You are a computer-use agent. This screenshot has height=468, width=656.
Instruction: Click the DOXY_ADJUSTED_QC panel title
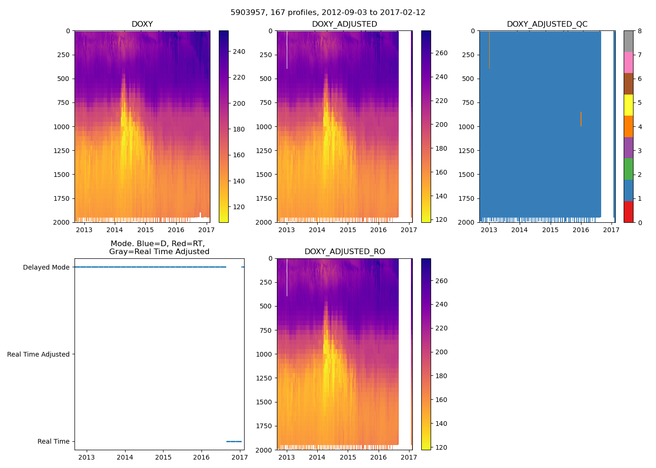coord(547,24)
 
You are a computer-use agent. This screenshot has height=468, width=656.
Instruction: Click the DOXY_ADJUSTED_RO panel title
coord(344,251)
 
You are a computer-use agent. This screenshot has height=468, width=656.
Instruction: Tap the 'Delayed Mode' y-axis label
coord(46,267)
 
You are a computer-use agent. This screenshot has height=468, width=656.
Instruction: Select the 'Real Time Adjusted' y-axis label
coord(38,354)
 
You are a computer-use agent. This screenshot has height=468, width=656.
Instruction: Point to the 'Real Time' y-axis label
coord(53,441)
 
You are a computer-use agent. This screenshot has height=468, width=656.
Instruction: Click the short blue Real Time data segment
coord(234,441)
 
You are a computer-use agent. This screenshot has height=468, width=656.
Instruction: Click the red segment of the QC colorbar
coord(628,212)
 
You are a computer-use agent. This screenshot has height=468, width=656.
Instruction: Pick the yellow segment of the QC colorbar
coord(628,105)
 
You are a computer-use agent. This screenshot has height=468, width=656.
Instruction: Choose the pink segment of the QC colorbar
coord(628,62)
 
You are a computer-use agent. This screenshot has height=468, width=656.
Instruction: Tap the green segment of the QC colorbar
coord(628,169)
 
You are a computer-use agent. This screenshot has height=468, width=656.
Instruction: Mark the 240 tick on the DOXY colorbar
coord(239,52)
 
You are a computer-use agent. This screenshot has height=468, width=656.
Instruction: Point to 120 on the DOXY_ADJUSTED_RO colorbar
coord(441,447)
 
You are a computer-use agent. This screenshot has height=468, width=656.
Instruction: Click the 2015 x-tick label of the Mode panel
coord(163,457)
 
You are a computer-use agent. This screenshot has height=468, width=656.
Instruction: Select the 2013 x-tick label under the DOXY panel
coord(84,230)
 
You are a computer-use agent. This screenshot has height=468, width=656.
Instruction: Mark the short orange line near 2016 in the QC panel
coord(581,119)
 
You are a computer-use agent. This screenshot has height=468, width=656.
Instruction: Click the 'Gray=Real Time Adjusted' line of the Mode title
coord(159,251)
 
